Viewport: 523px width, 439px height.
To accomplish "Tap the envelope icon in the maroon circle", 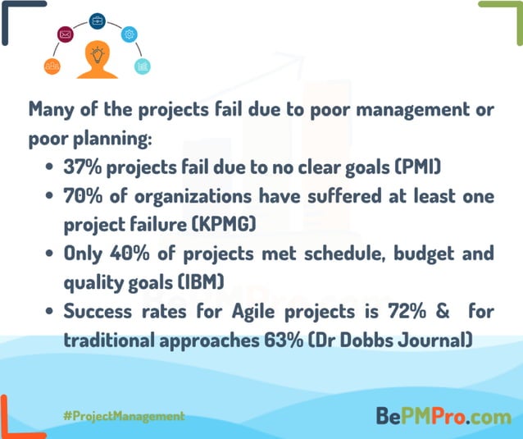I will (66, 34).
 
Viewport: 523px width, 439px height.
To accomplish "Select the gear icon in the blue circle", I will (129, 34).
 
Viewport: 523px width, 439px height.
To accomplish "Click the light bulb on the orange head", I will (98, 55).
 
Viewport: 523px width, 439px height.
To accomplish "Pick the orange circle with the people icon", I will (53, 66).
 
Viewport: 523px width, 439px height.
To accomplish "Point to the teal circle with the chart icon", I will (142, 66).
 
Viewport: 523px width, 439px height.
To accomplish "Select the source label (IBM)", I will (202, 281).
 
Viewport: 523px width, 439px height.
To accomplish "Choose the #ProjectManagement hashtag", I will (123, 416).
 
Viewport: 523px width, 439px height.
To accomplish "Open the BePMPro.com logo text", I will (443, 416).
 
